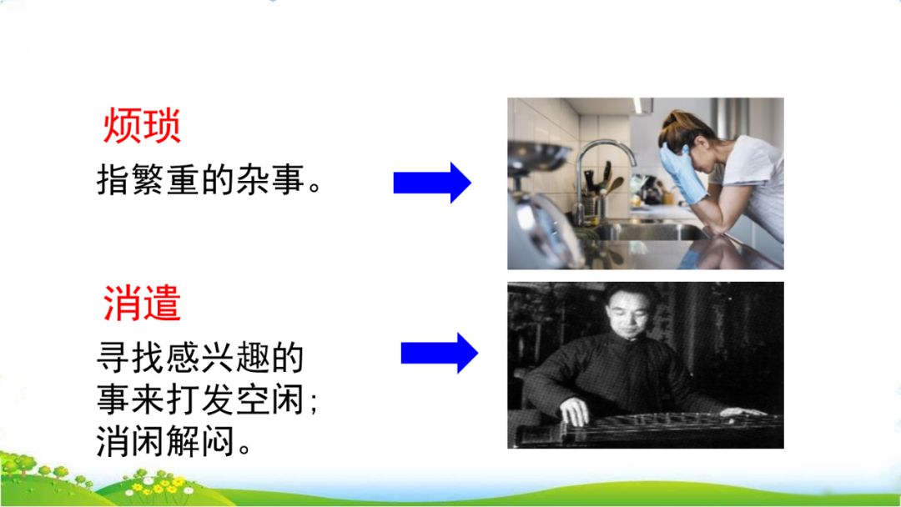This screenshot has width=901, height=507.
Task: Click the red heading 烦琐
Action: click(x=142, y=128)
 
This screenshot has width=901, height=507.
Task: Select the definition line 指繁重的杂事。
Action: click(x=209, y=180)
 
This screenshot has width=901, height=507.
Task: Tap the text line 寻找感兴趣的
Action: click(x=200, y=359)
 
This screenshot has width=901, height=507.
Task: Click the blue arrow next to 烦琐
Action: click(x=432, y=183)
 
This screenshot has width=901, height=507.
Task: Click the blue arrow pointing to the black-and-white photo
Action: click(x=439, y=354)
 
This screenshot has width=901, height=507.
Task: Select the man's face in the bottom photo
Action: click(x=622, y=313)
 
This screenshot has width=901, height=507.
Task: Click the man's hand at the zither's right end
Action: click(x=742, y=411)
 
